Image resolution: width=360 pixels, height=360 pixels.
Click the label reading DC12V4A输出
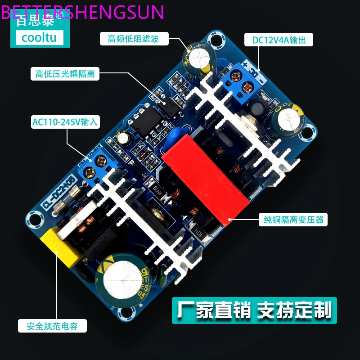[x=279, y=40]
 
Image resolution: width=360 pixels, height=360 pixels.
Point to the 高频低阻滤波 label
[x=133, y=39]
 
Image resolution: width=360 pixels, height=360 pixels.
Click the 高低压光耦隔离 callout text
[x=65, y=73]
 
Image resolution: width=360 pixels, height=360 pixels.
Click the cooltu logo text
[x=40, y=37]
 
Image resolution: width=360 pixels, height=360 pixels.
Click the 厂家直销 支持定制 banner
[x=254, y=310]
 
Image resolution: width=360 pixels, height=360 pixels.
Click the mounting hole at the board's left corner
[x=33, y=220]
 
